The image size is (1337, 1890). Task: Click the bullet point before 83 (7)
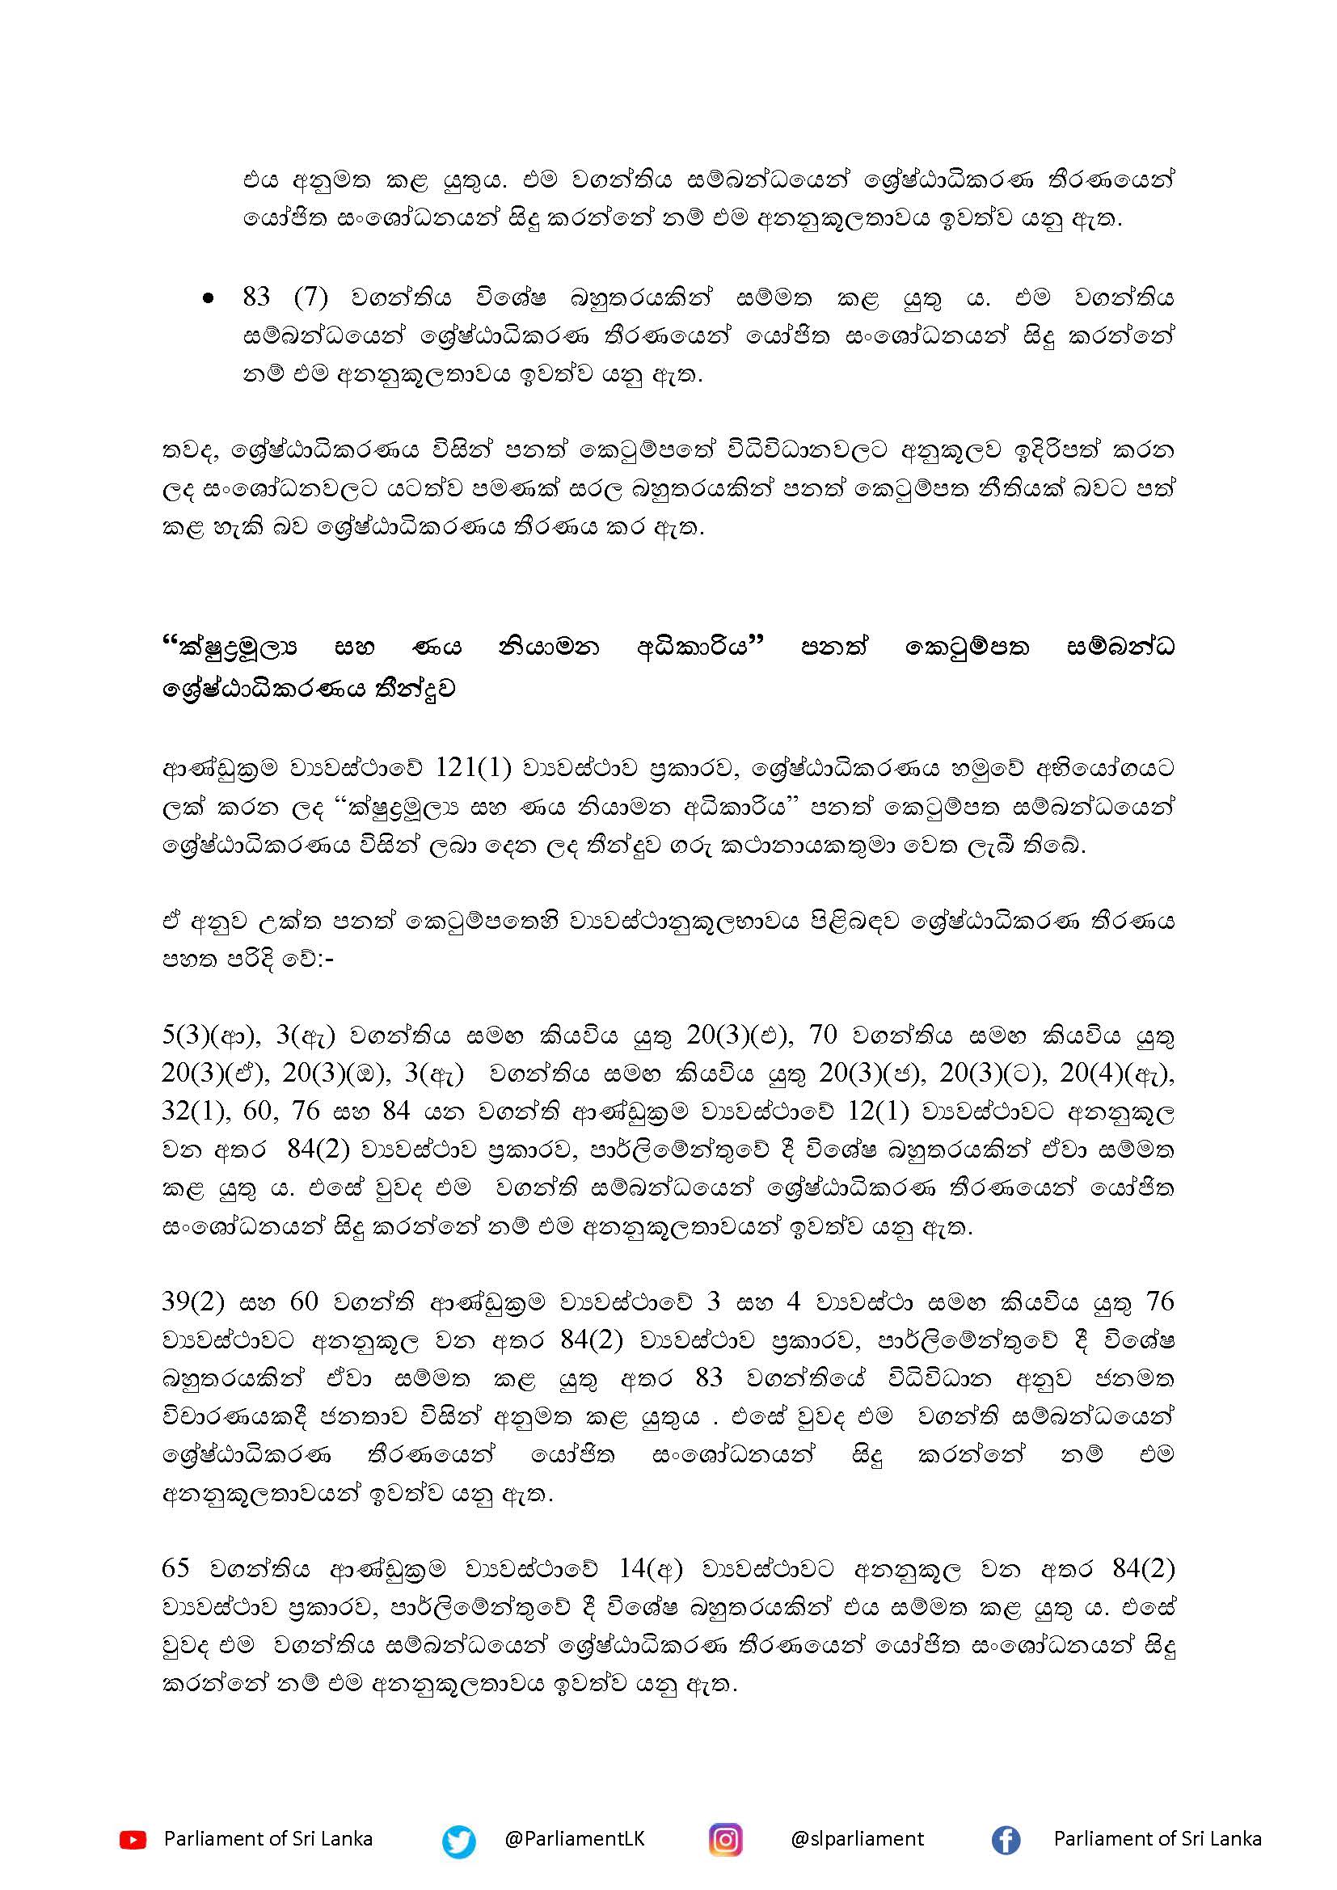click(x=209, y=302)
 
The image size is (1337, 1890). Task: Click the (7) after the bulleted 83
click(x=311, y=297)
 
